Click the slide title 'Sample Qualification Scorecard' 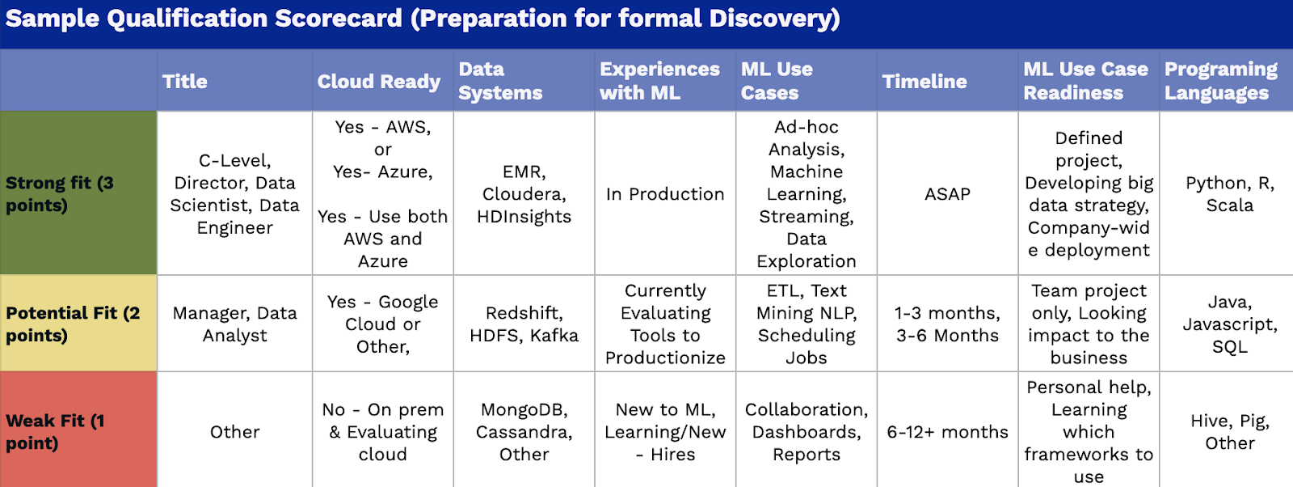[x=204, y=19]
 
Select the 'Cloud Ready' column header [x=379, y=82]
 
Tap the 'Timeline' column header [x=924, y=82]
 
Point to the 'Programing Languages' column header [x=1221, y=81]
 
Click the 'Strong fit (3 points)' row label [x=60, y=194]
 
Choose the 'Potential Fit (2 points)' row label [x=73, y=324]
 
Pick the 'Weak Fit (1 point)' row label [x=56, y=431]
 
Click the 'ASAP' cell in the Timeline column [x=947, y=194]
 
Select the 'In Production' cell [x=665, y=194]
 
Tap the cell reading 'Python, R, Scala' [x=1229, y=194]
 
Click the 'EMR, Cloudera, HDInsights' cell [x=524, y=194]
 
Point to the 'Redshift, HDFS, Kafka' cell [x=524, y=324]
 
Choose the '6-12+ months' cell [x=947, y=432]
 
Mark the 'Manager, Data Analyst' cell [x=235, y=324]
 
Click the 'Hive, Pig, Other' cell [x=1229, y=431]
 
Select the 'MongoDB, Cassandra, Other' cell [x=524, y=431]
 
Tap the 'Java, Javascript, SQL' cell [x=1229, y=324]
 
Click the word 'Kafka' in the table [x=554, y=336]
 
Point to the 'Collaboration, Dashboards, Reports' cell [x=807, y=431]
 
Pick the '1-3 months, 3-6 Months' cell [x=947, y=324]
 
